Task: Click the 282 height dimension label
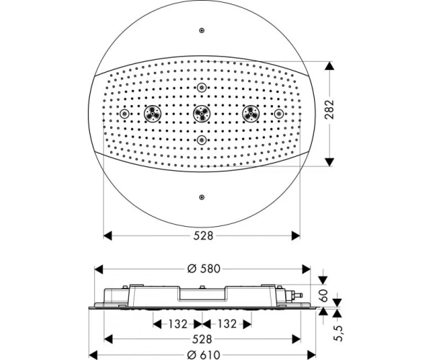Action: [x=329, y=109]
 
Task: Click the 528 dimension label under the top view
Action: [x=203, y=235]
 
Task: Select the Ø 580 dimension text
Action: [x=204, y=269]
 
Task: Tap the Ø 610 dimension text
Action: [x=204, y=355]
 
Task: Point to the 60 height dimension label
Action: [x=324, y=295]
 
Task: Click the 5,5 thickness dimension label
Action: [x=338, y=333]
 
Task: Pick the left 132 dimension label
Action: [x=178, y=324]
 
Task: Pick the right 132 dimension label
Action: [x=227, y=324]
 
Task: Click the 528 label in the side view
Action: [x=202, y=339]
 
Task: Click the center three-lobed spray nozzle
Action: [x=202, y=114]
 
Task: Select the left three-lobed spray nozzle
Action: [x=153, y=114]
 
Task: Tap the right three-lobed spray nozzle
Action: [x=251, y=114]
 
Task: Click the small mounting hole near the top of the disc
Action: [x=202, y=30]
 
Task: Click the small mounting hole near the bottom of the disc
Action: [x=202, y=197]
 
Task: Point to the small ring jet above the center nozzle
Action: [x=202, y=88]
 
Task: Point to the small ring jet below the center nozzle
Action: [x=202, y=140]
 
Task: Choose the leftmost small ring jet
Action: [x=125, y=114]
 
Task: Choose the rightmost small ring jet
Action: [x=279, y=114]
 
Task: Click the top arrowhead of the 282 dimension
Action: [x=329, y=66]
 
